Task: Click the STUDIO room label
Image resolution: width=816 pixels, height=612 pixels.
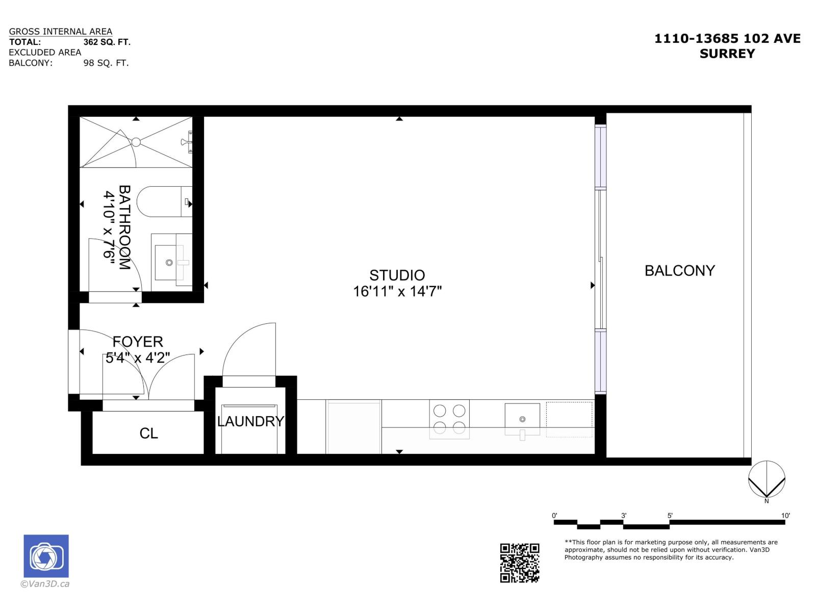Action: pyautogui.click(x=397, y=275)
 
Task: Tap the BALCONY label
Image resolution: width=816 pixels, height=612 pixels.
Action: pyautogui.click(x=679, y=271)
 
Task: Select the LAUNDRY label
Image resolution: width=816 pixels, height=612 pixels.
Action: pyautogui.click(x=250, y=421)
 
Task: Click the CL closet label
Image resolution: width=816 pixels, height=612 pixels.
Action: pyautogui.click(x=148, y=433)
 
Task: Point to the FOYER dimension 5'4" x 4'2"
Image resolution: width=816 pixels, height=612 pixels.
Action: pyautogui.click(x=137, y=358)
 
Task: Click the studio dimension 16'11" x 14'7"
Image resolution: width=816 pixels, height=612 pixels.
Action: pyautogui.click(x=397, y=292)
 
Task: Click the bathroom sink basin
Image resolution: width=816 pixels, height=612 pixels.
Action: pyautogui.click(x=169, y=263)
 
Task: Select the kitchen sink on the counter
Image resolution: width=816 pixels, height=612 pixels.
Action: pyautogui.click(x=522, y=419)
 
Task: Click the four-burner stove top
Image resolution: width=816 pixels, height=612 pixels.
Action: pyautogui.click(x=449, y=419)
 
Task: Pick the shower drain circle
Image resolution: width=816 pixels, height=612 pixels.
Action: pyautogui.click(x=136, y=142)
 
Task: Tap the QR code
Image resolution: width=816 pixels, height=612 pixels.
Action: pyautogui.click(x=519, y=563)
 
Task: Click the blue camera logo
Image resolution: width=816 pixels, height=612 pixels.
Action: pyautogui.click(x=46, y=556)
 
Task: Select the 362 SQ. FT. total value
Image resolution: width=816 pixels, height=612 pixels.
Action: pyautogui.click(x=107, y=42)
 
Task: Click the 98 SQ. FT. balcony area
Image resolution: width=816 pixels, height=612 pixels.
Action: pyautogui.click(x=106, y=63)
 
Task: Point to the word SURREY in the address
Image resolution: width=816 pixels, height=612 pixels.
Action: pyautogui.click(x=727, y=54)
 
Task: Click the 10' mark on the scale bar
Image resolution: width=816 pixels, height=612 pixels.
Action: pyautogui.click(x=785, y=516)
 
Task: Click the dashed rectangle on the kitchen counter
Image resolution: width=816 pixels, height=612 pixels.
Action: pyautogui.click(x=569, y=419)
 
